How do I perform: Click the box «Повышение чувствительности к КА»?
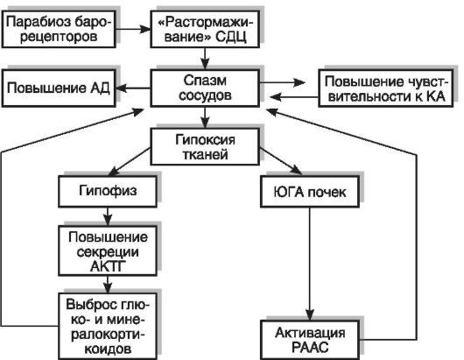pyautogui.click(x=384, y=88)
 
